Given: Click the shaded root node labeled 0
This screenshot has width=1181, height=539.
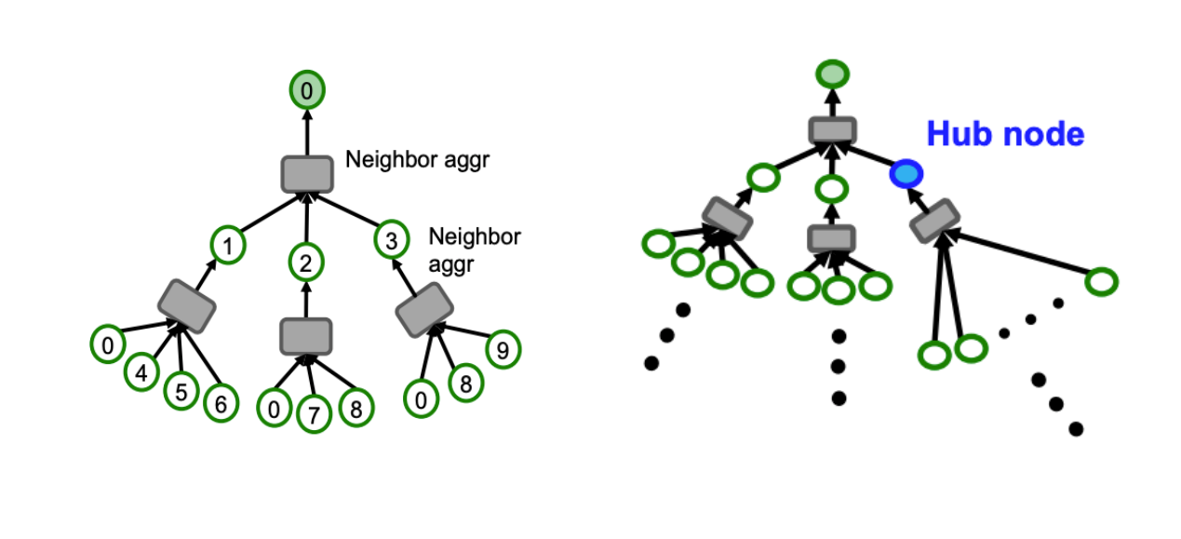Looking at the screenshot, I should tap(306, 90).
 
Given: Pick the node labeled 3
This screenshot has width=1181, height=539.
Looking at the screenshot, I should tap(391, 240).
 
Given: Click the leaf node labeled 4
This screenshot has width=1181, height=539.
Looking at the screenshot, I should tap(141, 373).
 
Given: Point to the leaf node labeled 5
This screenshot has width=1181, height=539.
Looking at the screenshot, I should tap(181, 392).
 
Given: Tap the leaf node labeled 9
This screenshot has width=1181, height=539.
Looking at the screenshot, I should tap(503, 350).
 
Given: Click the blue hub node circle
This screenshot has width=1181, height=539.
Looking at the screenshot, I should tap(906, 173).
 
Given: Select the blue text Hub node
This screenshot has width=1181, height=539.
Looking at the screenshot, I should tap(1005, 134).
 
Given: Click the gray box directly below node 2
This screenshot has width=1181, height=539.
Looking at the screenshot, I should tap(306, 334).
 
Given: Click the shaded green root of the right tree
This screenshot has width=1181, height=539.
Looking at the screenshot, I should tap(832, 73).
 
